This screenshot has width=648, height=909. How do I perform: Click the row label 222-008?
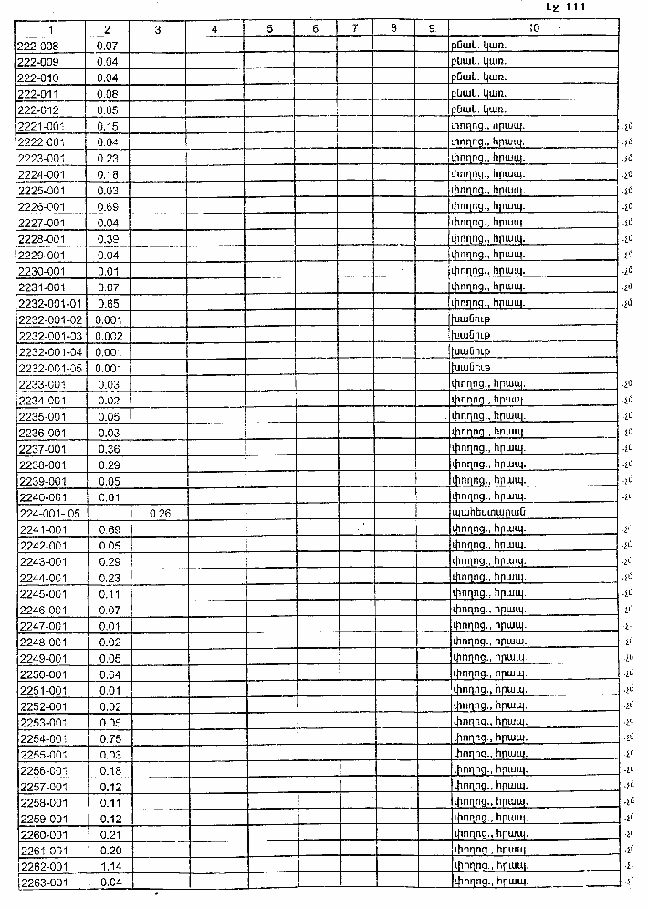36,45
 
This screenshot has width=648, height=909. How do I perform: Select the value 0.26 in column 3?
160,513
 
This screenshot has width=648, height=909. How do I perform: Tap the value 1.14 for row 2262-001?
110,866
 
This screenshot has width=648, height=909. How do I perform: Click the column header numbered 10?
533,29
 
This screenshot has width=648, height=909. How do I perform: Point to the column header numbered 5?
271,29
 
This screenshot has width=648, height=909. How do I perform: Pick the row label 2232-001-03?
51,336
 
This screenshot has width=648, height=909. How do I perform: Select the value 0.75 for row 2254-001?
110,738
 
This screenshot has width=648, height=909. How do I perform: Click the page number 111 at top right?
574,7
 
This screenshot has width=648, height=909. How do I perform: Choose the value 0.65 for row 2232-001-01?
109,303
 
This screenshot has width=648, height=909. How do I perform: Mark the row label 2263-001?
43,883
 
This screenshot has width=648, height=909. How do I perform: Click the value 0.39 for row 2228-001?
109,239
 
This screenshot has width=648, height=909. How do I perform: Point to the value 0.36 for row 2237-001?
109,449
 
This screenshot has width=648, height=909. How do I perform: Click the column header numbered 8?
392,29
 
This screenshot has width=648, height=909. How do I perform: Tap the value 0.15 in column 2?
109,126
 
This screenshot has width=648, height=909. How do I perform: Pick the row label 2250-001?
43,674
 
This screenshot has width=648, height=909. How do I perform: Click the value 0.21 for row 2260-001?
110,834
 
